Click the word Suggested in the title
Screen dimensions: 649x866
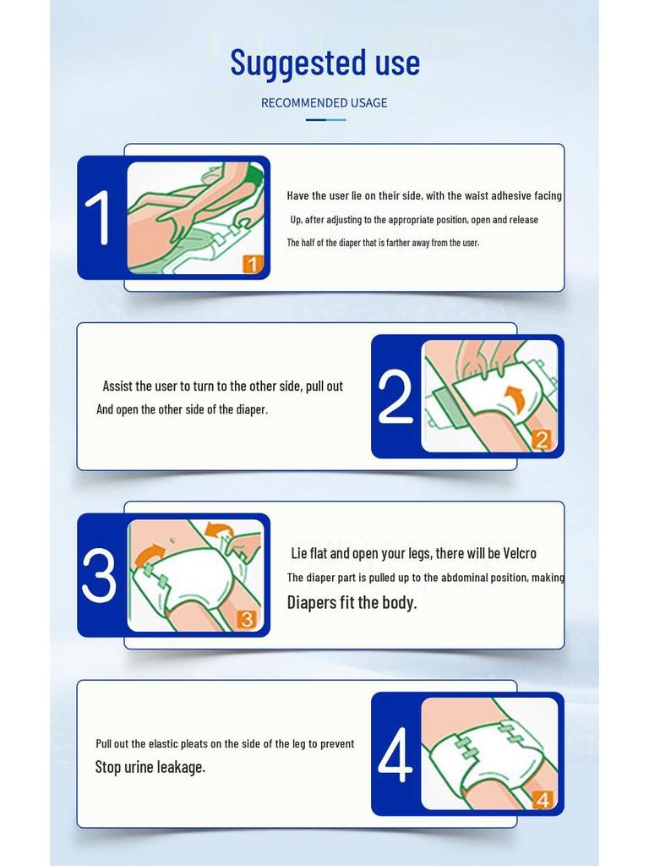tap(298, 63)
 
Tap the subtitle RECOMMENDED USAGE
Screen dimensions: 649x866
tap(324, 102)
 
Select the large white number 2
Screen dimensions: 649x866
tap(395, 397)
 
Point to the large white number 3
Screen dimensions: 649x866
tap(99, 575)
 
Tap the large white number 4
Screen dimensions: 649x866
tap(395, 754)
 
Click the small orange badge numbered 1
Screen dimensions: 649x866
tap(253, 264)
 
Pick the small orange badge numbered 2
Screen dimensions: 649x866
tap(542, 440)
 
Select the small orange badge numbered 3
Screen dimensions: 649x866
tap(248, 619)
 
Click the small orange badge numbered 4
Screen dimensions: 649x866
tap(543, 799)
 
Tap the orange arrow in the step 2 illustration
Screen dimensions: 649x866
tap(516, 397)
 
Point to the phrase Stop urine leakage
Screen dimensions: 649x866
tap(150, 767)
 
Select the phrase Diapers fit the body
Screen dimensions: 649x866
tap(352, 602)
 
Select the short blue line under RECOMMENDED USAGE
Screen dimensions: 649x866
tap(325, 119)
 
